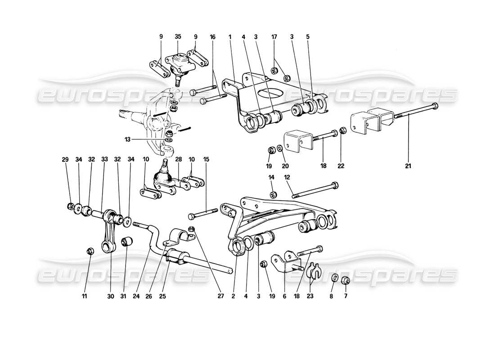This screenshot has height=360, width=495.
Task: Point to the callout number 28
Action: point(179,159)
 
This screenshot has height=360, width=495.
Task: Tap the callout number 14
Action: point(272,177)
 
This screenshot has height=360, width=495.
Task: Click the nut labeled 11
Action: point(90,251)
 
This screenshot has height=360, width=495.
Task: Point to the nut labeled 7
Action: point(345,279)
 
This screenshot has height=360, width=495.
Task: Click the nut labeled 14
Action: point(272,194)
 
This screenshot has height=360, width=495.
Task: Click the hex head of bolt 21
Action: point(434,107)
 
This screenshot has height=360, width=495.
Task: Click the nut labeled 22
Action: point(342,131)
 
